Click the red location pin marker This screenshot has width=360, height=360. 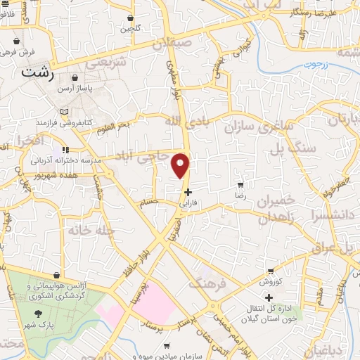click(x=181, y=165)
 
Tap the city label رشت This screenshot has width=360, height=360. click(x=37, y=72)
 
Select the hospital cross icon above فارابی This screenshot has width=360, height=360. click(x=187, y=192)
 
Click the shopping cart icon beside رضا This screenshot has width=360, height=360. click(x=240, y=186)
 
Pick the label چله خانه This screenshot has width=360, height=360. click(x=88, y=230)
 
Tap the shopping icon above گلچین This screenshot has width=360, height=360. click(x=130, y=18)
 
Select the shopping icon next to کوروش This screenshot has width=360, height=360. click(x=271, y=271)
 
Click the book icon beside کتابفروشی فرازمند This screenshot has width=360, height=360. click(x=65, y=112)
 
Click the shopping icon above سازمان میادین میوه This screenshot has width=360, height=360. click(x=167, y=345)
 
